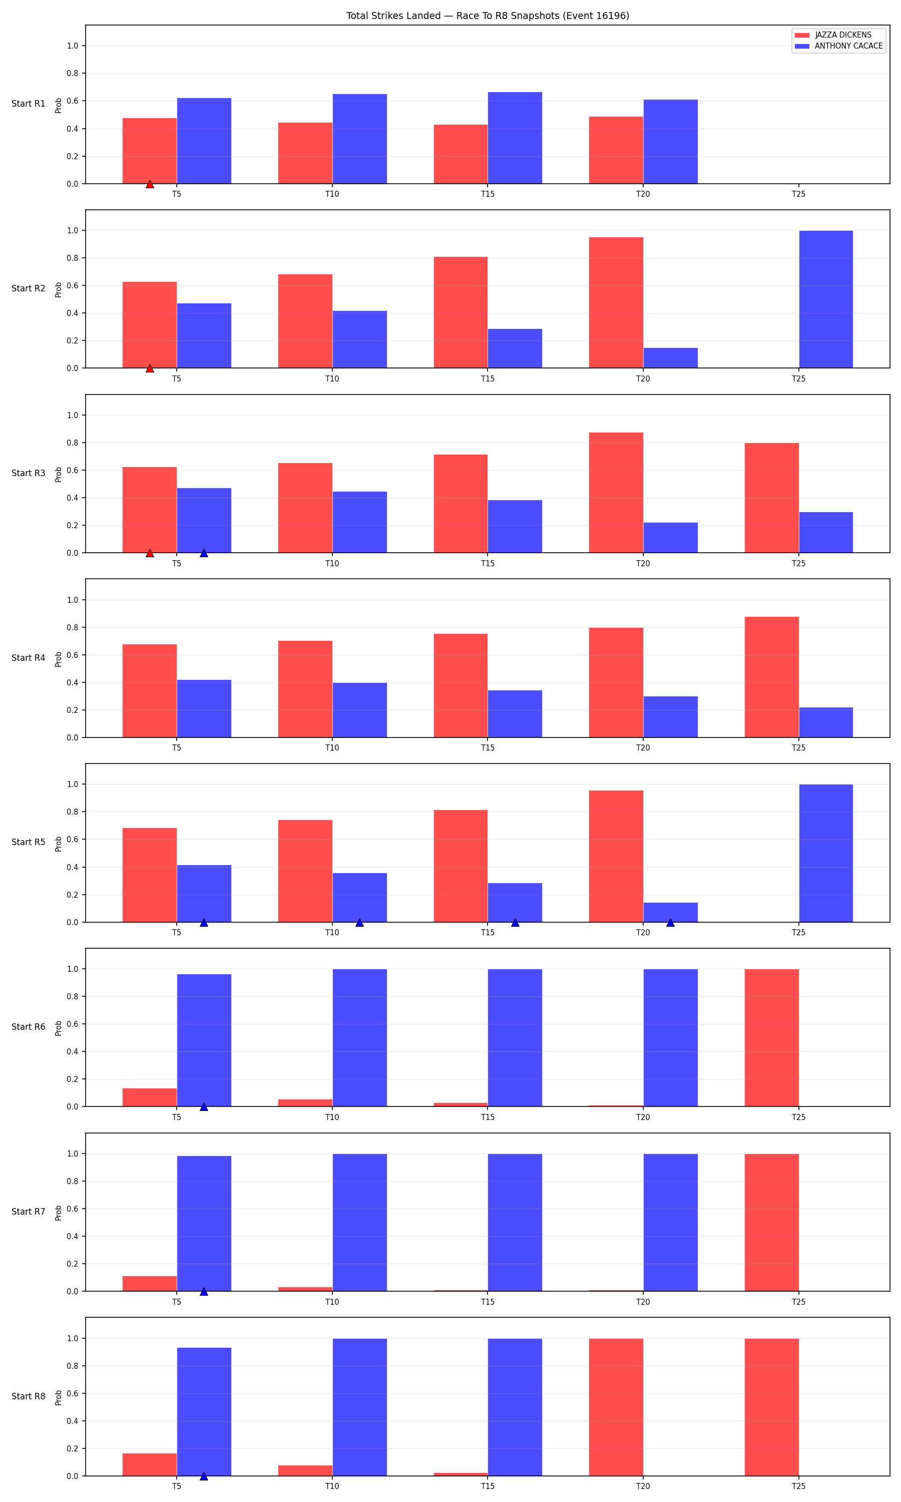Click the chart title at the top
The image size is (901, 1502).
tap(488, 16)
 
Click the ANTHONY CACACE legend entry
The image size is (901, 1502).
tap(838, 46)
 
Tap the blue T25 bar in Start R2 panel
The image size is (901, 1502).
tap(826, 299)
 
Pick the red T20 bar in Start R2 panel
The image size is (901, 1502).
tap(616, 302)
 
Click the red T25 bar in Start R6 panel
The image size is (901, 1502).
tap(772, 1037)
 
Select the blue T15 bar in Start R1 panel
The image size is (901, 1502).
tap(515, 138)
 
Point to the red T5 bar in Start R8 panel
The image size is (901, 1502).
tap(149, 1464)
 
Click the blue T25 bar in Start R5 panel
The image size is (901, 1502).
tap(826, 853)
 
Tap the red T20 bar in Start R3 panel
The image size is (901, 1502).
tap(616, 492)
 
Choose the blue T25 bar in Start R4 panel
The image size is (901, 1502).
tap(826, 722)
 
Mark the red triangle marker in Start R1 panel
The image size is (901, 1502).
tap(149, 184)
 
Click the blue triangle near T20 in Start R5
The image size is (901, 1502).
tap(670, 922)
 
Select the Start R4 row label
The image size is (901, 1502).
tap(29, 657)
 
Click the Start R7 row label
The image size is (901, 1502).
tap(29, 1211)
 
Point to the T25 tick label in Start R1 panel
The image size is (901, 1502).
tap(798, 194)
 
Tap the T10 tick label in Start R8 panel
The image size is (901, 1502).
tap(332, 1486)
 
